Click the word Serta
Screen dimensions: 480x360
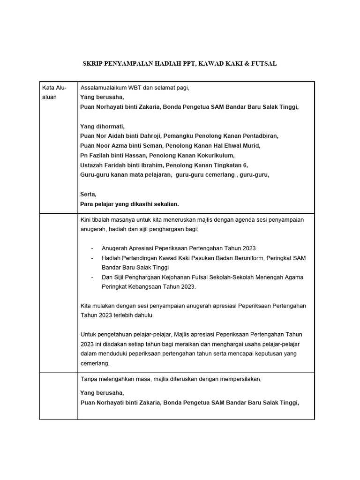[88, 194]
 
